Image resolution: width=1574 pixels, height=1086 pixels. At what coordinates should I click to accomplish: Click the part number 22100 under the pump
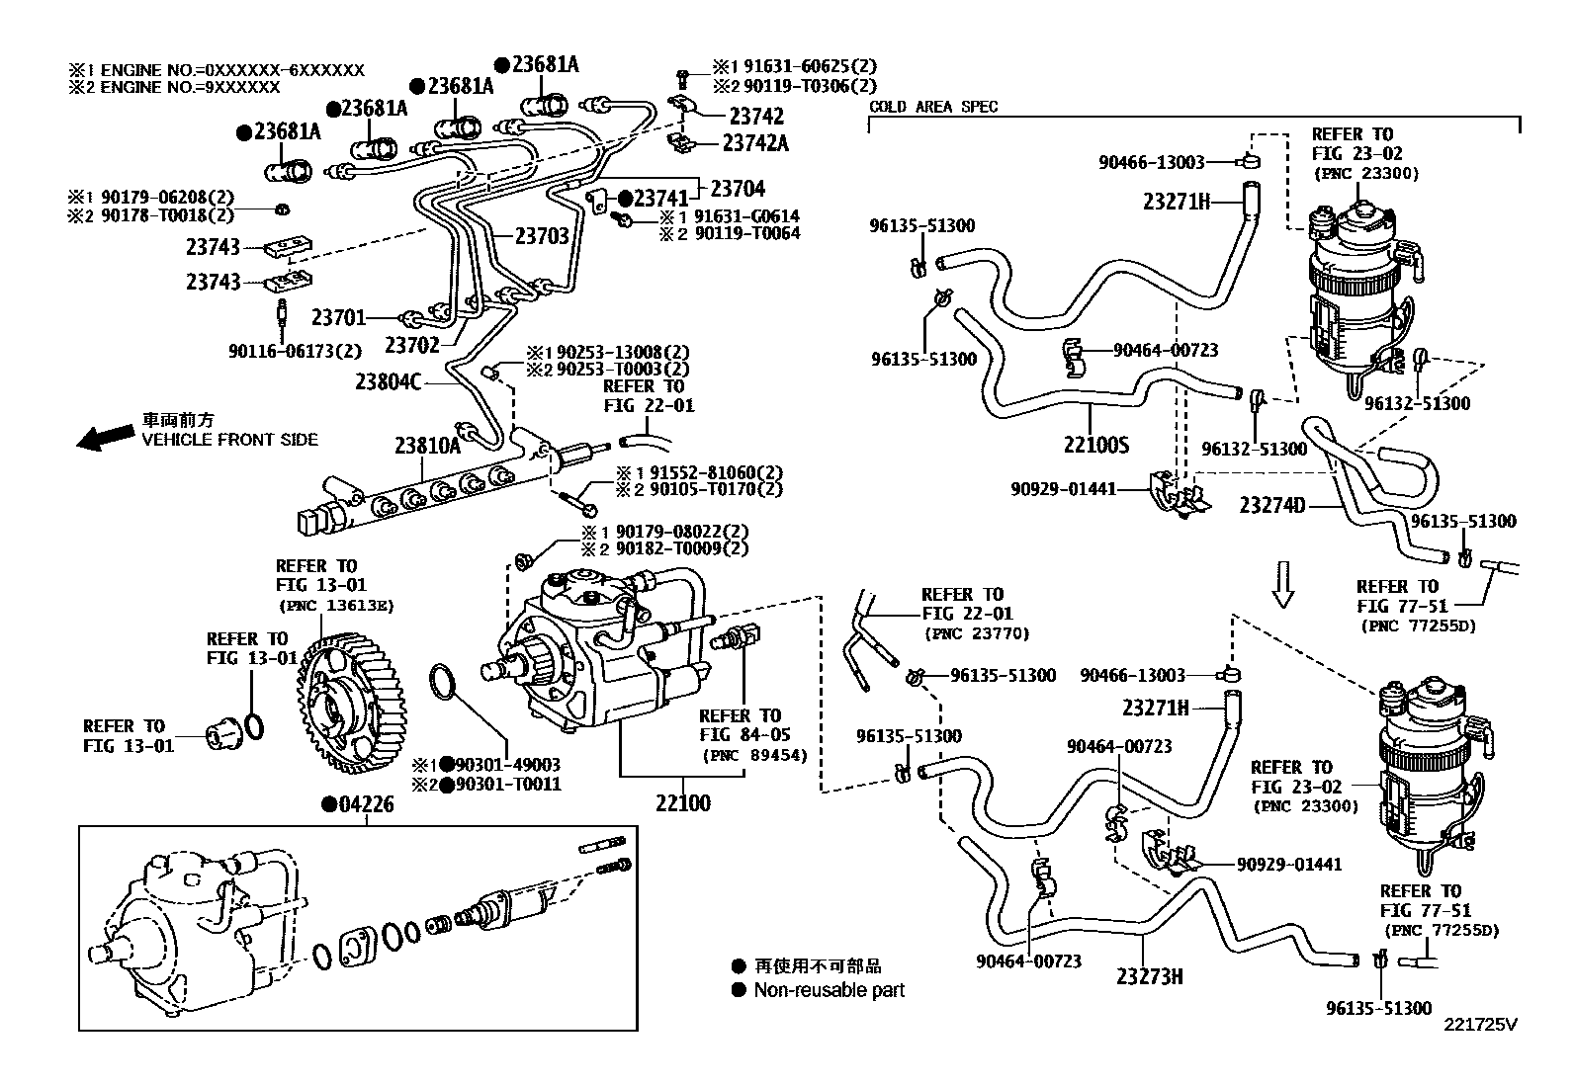pyautogui.click(x=682, y=802)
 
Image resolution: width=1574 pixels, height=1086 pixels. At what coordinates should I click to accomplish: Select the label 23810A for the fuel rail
pyautogui.click(x=427, y=446)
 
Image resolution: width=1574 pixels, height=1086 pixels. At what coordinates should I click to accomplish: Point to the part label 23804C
pyautogui.click(x=389, y=380)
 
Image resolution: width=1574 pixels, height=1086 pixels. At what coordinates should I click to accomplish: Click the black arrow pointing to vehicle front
pyautogui.click(x=106, y=437)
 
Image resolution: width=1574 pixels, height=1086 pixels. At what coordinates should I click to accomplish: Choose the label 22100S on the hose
pyautogui.click(x=1095, y=445)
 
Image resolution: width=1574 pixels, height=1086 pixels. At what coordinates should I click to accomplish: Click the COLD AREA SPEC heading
pyautogui.click(x=933, y=107)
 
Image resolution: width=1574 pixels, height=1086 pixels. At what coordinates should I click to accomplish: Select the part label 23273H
pyautogui.click(x=1150, y=976)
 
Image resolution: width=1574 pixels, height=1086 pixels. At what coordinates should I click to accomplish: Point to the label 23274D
pyautogui.click(x=1272, y=506)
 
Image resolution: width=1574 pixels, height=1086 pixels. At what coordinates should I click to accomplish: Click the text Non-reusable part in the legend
pyautogui.click(x=829, y=990)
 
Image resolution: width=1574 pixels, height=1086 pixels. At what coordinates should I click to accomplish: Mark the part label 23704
pyautogui.click(x=738, y=188)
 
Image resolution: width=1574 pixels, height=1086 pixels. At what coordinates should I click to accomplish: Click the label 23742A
pyautogui.click(x=755, y=142)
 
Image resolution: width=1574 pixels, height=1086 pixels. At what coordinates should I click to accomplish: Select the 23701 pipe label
pyautogui.click(x=339, y=317)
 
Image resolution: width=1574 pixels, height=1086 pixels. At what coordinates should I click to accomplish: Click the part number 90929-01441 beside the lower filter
pyautogui.click(x=1289, y=864)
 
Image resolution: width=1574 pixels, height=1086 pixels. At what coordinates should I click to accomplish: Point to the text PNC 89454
pyautogui.click(x=754, y=756)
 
